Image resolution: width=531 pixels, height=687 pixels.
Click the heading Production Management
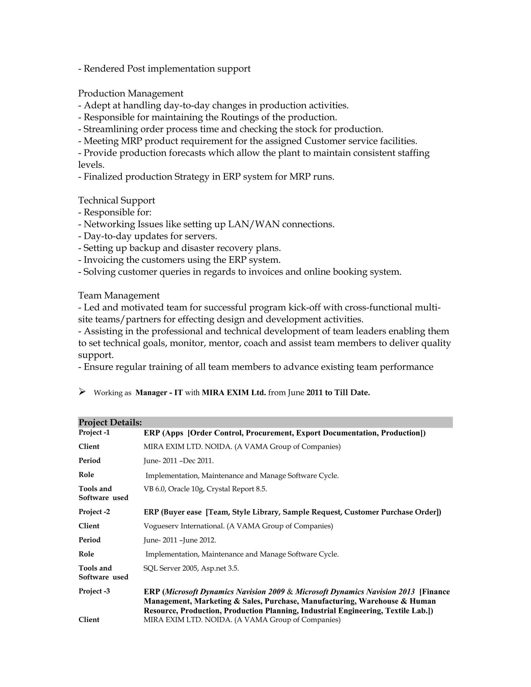click(x=131, y=93)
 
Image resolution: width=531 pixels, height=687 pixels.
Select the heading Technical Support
click(x=116, y=200)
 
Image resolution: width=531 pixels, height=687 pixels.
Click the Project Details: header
click(x=110, y=423)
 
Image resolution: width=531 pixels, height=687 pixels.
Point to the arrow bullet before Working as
click(x=82, y=392)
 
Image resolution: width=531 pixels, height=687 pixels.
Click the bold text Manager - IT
click(x=159, y=392)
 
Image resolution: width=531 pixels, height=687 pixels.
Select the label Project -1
click(x=94, y=432)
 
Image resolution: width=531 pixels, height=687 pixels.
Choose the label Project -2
click(x=94, y=512)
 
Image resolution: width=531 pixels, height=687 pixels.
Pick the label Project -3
click(x=94, y=591)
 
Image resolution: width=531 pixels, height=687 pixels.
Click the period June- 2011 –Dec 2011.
click(x=178, y=461)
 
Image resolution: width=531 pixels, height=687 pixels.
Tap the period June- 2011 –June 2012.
click(x=180, y=540)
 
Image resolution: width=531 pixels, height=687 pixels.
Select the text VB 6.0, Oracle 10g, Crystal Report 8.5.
click(x=205, y=489)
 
